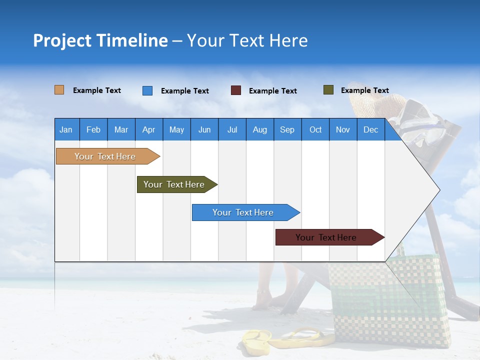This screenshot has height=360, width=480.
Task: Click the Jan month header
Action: pyautogui.click(x=66, y=129)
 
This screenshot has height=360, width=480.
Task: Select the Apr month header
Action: pyautogui.click(x=149, y=129)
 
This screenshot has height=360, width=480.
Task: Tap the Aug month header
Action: pyautogui.click(x=260, y=129)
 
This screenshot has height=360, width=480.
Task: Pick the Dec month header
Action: pyautogui.click(x=371, y=129)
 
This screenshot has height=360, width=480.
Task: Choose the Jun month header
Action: pyautogui.click(x=204, y=129)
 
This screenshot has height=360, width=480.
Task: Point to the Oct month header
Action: pyautogui.click(x=315, y=129)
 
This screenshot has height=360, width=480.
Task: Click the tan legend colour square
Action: pyautogui.click(x=59, y=90)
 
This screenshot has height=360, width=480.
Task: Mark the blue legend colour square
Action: pyautogui.click(x=147, y=90)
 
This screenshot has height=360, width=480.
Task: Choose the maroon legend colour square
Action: pyautogui.click(x=236, y=90)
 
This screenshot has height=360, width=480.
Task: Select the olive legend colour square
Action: pyautogui.click(x=328, y=90)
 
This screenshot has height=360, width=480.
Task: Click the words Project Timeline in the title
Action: pyautogui.click(x=100, y=40)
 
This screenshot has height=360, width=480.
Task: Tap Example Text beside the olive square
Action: pyautogui.click(x=364, y=90)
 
